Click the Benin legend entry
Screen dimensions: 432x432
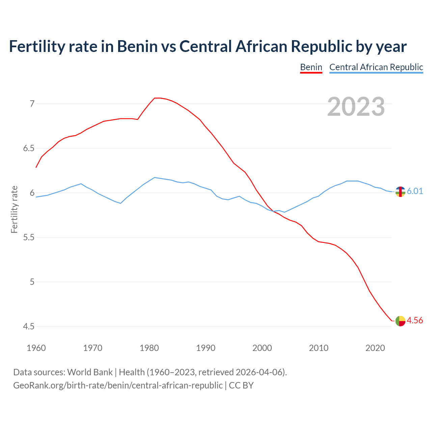311,67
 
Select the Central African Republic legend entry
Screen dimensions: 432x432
376,67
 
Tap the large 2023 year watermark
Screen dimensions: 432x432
356,107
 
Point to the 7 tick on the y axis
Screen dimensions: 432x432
32,104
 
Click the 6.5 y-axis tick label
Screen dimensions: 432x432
29,148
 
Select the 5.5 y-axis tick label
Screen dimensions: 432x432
29,238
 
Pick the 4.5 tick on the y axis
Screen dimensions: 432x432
29,327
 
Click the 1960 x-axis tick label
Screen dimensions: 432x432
36,348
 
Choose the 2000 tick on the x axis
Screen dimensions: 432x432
262,348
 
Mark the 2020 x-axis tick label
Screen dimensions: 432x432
375,348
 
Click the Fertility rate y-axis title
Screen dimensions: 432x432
14,209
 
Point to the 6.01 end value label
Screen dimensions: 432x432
415,191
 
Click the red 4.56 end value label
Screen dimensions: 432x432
415,320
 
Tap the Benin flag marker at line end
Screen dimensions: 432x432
400,321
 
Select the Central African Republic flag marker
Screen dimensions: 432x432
400,192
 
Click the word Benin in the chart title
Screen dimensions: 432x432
137,46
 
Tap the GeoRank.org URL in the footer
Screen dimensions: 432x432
118,385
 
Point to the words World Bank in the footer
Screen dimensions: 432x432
90,372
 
